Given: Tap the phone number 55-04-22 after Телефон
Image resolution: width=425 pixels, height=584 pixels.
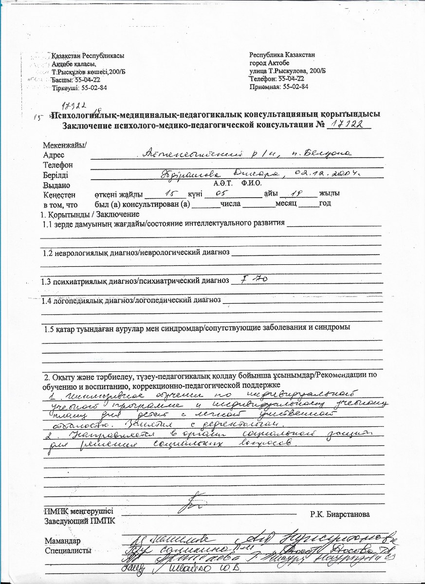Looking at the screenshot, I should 291,78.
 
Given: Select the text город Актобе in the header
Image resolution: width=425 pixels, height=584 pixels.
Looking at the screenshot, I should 269,63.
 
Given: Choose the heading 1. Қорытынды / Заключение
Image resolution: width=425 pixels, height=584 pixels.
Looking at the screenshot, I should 89,214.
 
